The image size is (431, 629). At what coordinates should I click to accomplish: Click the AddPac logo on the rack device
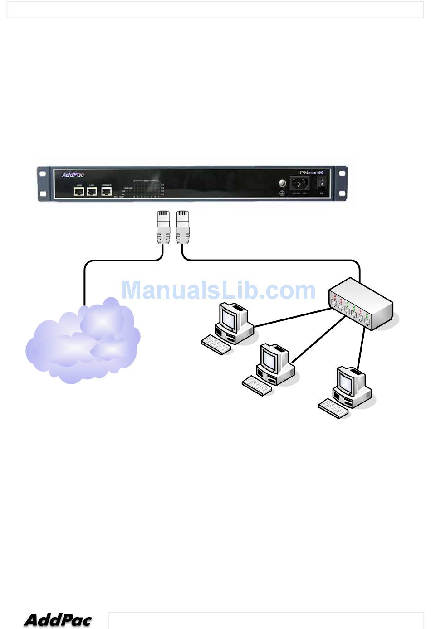[73, 175]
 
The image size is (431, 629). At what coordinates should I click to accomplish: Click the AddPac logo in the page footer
[58, 619]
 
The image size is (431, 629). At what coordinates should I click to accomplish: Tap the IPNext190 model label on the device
[310, 173]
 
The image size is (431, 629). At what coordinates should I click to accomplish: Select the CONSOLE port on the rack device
[106, 191]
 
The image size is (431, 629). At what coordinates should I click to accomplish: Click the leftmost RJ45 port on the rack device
[79, 191]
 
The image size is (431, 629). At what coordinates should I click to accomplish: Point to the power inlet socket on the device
[299, 184]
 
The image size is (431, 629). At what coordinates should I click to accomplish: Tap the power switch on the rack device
[322, 183]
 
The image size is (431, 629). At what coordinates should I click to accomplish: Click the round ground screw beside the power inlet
[281, 183]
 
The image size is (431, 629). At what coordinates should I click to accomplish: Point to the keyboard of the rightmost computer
[333, 408]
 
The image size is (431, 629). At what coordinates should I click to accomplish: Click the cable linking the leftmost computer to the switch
[293, 318]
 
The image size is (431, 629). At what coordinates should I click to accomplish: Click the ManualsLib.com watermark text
[218, 290]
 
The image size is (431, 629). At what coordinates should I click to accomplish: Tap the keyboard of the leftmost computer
[216, 344]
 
